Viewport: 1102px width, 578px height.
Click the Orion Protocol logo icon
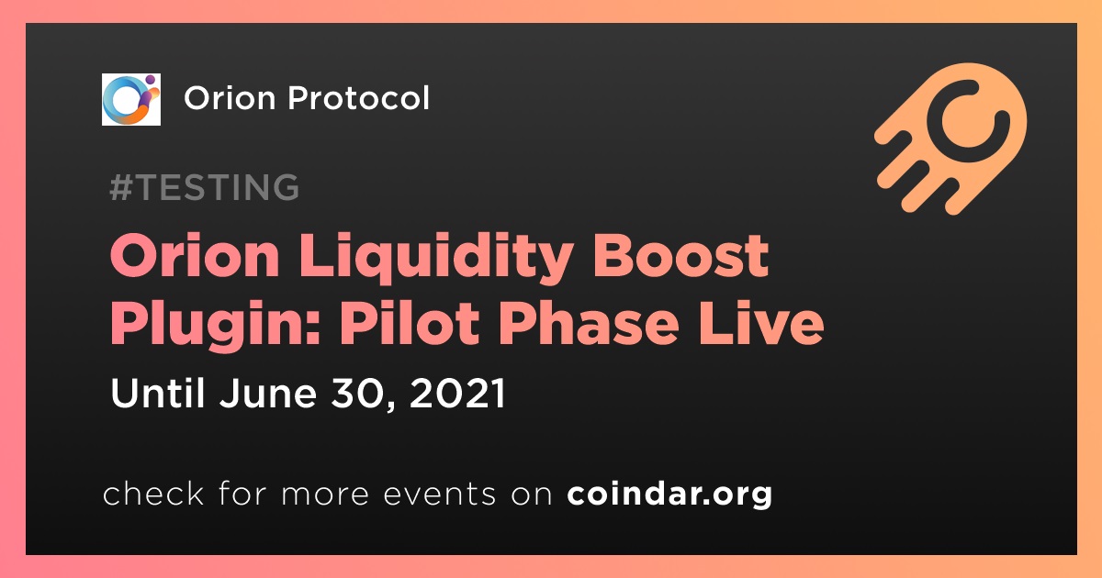(x=130, y=99)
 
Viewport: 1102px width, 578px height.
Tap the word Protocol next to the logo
(x=359, y=98)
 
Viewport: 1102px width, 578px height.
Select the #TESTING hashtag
(x=204, y=187)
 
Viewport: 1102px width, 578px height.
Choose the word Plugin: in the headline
(x=216, y=326)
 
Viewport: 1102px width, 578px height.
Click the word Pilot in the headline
(x=410, y=322)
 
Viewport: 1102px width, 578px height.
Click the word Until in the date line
(x=157, y=393)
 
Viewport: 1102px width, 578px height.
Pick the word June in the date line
(x=267, y=393)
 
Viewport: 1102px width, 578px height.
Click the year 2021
(x=457, y=394)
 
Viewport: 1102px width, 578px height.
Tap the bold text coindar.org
(x=669, y=494)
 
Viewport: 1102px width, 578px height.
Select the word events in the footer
(x=440, y=494)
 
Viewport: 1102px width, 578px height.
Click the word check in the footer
(x=153, y=493)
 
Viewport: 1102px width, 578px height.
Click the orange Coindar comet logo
(x=950, y=139)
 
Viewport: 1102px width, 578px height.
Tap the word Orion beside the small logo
(x=230, y=98)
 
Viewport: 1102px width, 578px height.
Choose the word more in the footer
(x=325, y=495)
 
